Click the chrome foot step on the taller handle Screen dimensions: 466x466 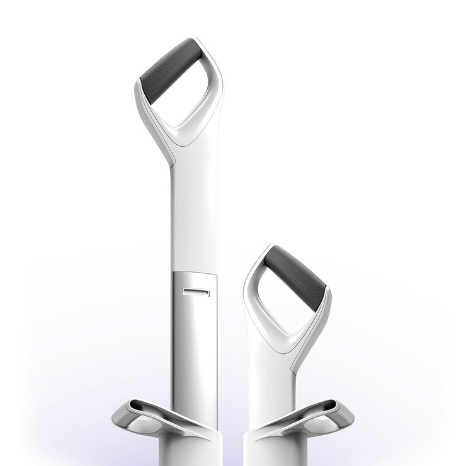pos(151,419)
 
